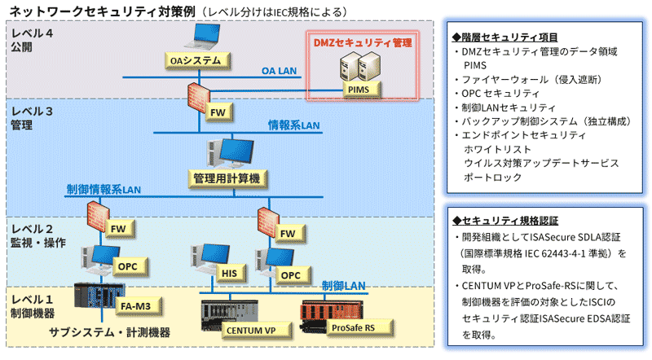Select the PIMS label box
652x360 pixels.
pyautogui.click(x=357, y=90)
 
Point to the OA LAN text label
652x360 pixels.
pyautogui.click(x=280, y=72)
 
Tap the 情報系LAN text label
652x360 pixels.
pyautogui.click(x=294, y=125)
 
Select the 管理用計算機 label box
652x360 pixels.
pyautogui.click(x=226, y=177)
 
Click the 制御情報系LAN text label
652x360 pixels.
pyautogui.click(x=104, y=190)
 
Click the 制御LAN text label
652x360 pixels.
pyautogui.click(x=343, y=286)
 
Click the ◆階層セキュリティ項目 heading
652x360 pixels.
pyautogui.click(x=498, y=37)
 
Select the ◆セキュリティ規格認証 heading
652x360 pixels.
pyautogui.click(x=498, y=221)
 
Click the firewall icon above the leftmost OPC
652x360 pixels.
pyautogui.click(x=96, y=213)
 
